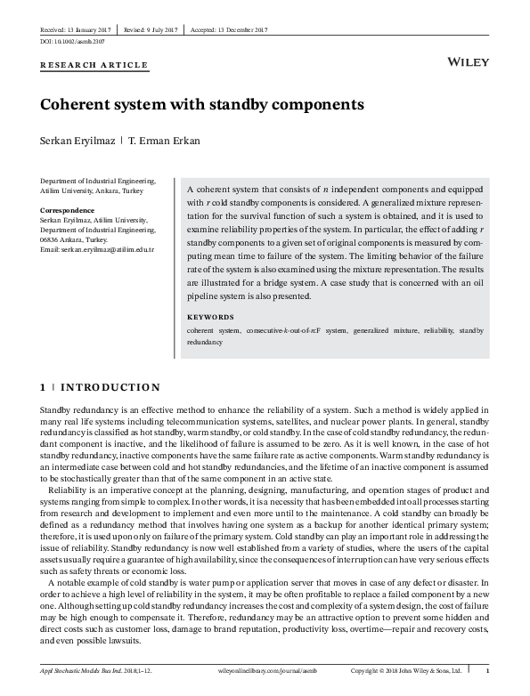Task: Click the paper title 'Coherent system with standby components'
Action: click(x=202, y=104)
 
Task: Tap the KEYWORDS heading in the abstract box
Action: click(x=210, y=317)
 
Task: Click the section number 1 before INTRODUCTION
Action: click(x=44, y=388)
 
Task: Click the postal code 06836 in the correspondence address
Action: click(x=52, y=240)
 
